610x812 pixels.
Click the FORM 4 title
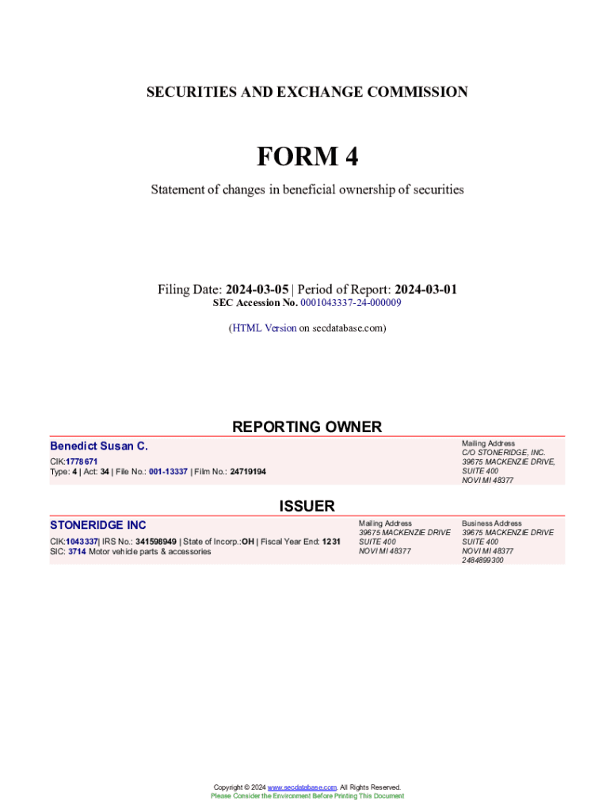click(307, 157)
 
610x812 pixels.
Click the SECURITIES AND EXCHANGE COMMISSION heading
click(307, 92)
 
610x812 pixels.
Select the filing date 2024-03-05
click(257, 289)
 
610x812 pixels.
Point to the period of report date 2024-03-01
click(425, 289)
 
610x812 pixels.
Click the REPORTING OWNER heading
click(307, 427)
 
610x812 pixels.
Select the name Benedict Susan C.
click(99, 446)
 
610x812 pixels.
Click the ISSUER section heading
click(307, 506)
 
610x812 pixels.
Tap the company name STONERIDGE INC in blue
click(98, 525)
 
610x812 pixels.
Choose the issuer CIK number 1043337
click(82, 542)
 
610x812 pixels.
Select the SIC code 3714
click(76, 551)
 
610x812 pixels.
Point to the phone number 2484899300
click(482, 561)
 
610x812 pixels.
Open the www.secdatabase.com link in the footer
click(302, 787)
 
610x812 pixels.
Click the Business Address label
click(492, 523)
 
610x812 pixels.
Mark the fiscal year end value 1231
click(331, 542)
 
